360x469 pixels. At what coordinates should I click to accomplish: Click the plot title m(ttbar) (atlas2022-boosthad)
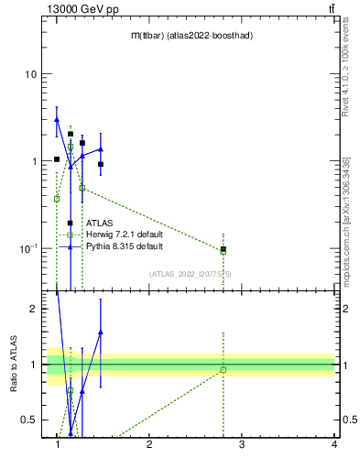(191, 35)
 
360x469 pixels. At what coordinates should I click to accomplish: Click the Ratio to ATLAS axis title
(13, 365)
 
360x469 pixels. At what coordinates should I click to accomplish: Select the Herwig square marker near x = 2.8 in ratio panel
(224, 370)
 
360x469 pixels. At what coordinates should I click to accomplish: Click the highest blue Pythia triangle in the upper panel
(57, 119)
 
